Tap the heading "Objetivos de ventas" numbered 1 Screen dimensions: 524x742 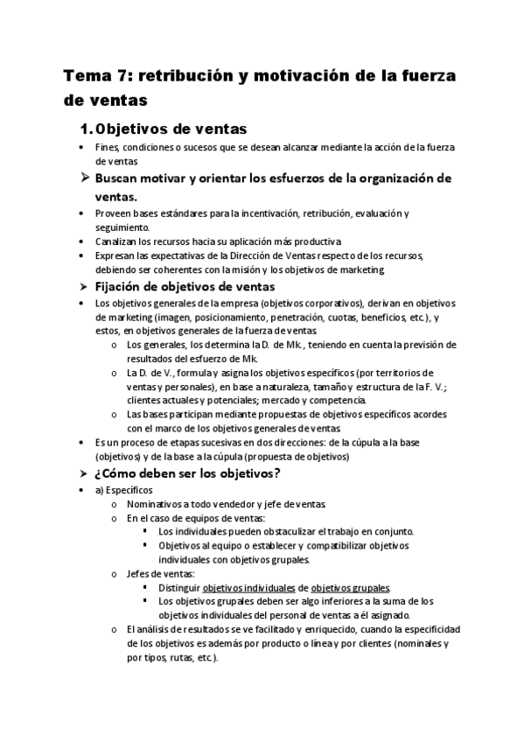coord(170,129)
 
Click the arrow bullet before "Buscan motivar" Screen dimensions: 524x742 coord(85,178)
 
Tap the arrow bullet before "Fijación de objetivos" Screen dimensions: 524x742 coord(85,286)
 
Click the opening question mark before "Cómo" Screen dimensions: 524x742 coord(98,474)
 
